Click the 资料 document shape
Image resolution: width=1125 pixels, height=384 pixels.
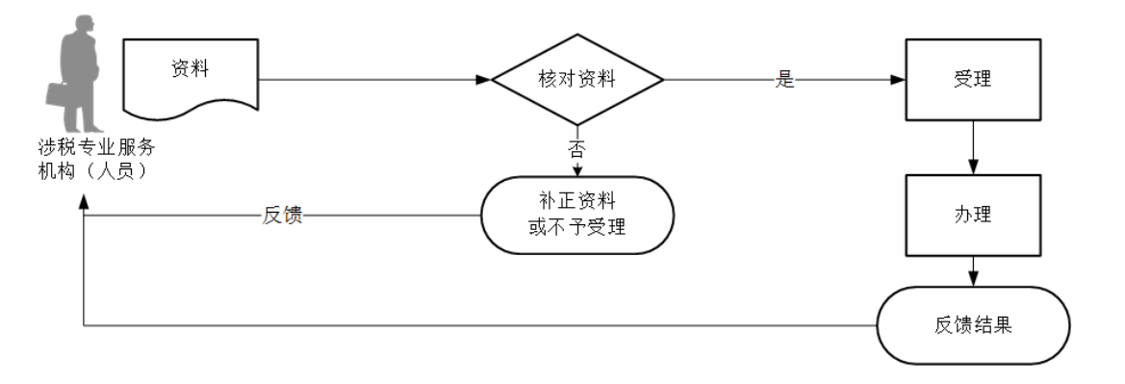coord(191,76)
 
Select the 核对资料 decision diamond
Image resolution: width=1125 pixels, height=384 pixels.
coord(576,80)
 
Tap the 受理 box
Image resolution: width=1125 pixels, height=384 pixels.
coord(973,80)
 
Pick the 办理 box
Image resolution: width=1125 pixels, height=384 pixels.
coord(973,214)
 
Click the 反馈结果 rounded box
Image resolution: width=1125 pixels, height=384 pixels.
coord(973,324)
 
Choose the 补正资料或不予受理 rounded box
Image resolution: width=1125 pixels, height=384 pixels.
coord(576,215)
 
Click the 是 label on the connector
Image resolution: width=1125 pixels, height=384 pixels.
coord(785,80)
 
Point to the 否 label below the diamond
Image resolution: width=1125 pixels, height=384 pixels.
coord(576,149)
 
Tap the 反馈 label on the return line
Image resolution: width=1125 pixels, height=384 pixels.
coord(282,215)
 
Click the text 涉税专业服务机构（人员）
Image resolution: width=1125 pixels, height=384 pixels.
coord(92,159)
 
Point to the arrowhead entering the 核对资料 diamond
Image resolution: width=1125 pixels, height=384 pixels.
coord(484,80)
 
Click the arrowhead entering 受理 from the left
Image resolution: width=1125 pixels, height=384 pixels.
coord(898,80)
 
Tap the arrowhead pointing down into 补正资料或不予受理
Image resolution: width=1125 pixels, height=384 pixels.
coord(576,170)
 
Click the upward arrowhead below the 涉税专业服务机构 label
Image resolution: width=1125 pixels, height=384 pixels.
coord(85,196)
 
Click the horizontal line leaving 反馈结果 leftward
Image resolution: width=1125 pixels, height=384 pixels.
coord(481,324)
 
